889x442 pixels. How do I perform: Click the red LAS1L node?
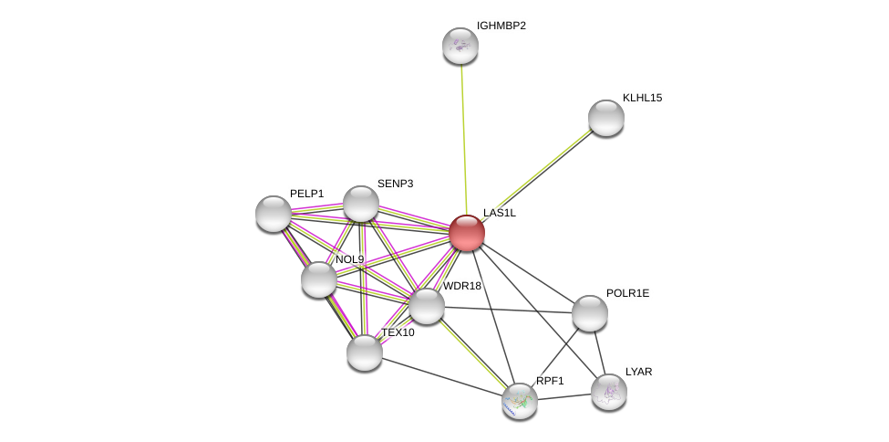click(466, 233)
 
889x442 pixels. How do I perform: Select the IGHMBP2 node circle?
click(460, 46)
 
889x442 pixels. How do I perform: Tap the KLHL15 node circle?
click(606, 118)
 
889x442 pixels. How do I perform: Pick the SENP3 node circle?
click(361, 204)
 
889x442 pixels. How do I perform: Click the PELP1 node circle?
click(274, 214)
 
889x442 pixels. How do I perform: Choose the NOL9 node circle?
click(319, 279)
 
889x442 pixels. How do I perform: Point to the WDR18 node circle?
click(426, 306)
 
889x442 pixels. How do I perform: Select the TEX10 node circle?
click(365, 352)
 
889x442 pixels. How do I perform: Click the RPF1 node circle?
click(520, 400)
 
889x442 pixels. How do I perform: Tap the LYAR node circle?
click(609, 392)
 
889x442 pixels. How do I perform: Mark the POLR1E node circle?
click(590, 313)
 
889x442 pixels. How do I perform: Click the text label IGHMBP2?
click(501, 26)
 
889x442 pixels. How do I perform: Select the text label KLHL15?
click(642, 98)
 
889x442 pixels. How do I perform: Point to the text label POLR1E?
click(627, 293)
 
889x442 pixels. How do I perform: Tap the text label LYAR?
click(638, 372)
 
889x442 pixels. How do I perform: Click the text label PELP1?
click(306, 194)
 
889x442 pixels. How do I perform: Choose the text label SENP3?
click(395, 184)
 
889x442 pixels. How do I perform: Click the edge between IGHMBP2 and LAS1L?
click(463, 137)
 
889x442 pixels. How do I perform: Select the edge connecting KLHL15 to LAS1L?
click(538, 174)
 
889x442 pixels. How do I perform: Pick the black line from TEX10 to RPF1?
click(442, 376)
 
